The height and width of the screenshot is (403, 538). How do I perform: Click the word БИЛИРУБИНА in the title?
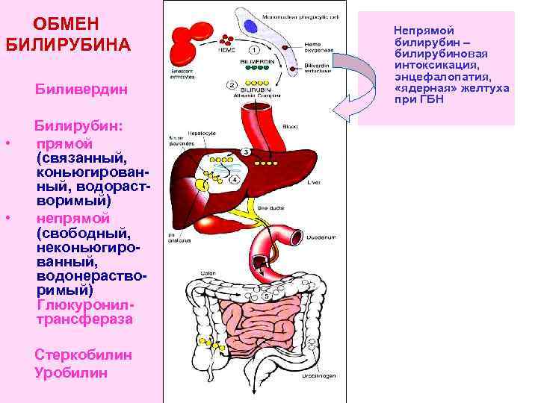click(68, 44)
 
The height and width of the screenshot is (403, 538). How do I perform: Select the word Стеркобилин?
click(83, 354)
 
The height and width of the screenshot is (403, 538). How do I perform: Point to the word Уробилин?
click(71, 372)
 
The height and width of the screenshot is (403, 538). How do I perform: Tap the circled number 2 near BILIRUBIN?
click(232, 84)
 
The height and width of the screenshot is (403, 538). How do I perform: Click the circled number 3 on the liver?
click(246, 152)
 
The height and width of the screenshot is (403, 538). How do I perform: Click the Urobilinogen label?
click(319, 375)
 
